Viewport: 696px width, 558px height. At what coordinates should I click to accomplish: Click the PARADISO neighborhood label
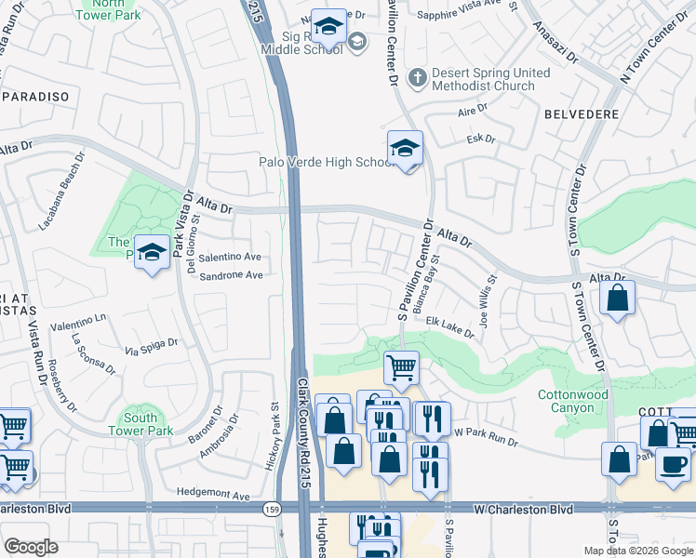click(37, 97)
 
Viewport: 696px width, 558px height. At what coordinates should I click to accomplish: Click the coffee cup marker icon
click(673, 462)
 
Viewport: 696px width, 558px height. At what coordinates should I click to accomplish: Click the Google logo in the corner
click(31, 547)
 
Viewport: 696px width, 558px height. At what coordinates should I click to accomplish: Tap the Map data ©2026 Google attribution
click(638, 551)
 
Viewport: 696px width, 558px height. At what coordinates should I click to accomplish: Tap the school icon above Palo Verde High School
click(405, 148)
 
